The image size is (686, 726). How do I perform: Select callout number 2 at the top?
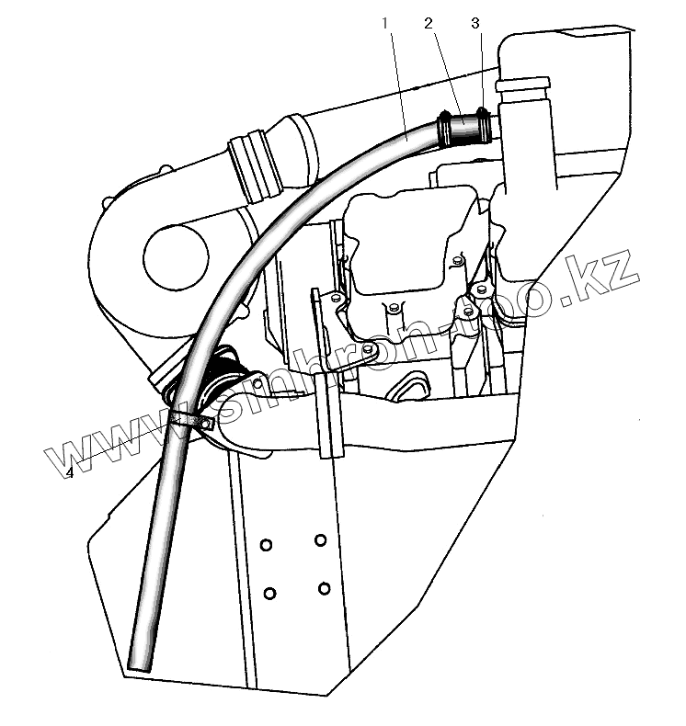(x=429, y=24)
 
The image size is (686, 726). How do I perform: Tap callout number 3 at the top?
(x=474, y=24)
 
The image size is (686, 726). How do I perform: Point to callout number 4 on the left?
(x=70, y=472)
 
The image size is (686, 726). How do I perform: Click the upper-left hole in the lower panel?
(x=267, y=546)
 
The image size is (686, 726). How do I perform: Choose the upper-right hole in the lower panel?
(x=320, y=539)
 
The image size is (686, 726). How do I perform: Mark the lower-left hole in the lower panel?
(x=270, y=593)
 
